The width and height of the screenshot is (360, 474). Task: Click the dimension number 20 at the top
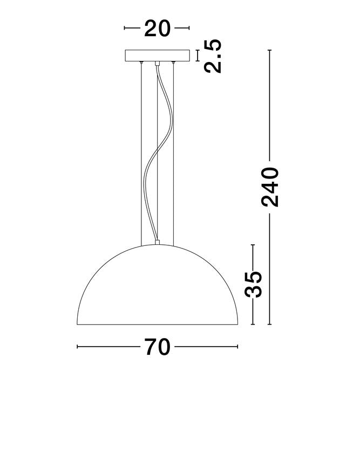click(x=157, y=29)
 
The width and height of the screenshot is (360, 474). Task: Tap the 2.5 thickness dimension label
click(x=213, y=56)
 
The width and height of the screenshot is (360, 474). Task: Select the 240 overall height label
click(x=269, y=187)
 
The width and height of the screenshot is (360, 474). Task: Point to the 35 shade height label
click(x=253, y=284)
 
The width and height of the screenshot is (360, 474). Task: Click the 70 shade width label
click(x=157, y=347)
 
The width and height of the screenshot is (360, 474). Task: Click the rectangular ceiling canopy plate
click(x=157, y=56)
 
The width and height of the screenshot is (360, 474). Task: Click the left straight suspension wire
click(x=141, y=154)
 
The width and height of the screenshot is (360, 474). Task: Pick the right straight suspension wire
click(x=173, y=154)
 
